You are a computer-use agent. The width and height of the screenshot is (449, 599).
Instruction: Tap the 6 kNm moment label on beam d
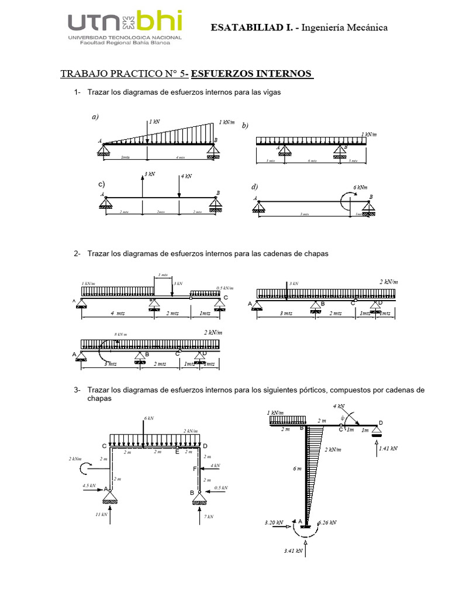360,187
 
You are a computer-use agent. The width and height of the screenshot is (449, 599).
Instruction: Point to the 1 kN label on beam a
154,122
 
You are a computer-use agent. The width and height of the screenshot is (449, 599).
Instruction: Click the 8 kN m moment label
121,335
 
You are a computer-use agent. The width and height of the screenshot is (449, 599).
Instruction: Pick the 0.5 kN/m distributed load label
224,288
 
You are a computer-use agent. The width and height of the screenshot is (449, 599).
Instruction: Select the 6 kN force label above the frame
148,418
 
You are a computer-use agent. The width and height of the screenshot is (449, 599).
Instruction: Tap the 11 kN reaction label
102,515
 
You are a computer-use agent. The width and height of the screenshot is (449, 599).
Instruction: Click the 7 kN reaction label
209,517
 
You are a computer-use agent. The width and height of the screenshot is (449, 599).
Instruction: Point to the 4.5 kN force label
89,485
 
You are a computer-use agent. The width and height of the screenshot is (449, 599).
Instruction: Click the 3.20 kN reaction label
274,522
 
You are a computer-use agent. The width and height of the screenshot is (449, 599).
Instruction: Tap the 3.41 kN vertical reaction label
293,550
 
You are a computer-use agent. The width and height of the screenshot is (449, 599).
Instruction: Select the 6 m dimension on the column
297,469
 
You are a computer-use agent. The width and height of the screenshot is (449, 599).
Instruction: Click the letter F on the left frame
195,469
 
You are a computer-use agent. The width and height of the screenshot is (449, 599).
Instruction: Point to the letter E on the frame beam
178,452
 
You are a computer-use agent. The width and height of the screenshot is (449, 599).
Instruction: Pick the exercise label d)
254,187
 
